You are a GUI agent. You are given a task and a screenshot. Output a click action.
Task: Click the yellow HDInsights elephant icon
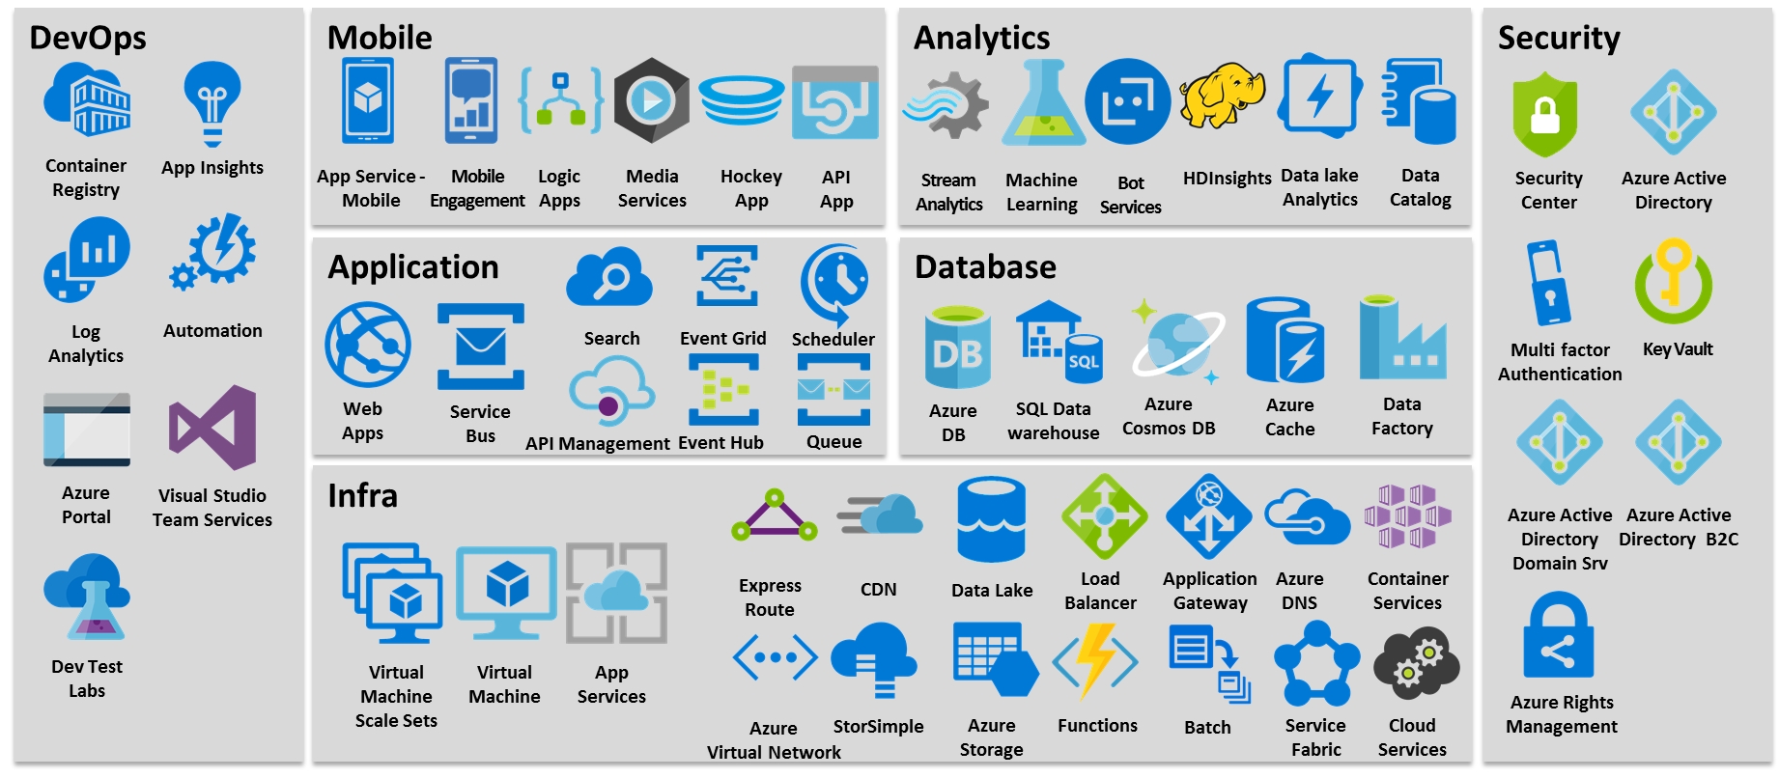[1223, 97]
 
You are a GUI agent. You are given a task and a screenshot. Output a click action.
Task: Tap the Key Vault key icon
[1674, 281]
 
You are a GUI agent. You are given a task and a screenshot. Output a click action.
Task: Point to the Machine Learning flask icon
[1043, 104]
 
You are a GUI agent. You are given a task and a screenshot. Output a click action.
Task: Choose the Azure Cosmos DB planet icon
[1177, 343]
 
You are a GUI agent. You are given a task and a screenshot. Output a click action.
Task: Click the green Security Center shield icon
[1545, 115]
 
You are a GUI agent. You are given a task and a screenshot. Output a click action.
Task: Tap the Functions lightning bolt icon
[1096, 660]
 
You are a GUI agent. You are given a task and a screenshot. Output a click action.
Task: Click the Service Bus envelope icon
[480, 347]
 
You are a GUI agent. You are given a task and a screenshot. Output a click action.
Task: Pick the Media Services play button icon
[652, 100]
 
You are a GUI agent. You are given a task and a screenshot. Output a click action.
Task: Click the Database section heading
[985, 267]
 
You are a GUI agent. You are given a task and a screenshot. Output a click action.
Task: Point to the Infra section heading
[362, 496]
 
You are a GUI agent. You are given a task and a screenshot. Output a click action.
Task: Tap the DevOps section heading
[88, 38]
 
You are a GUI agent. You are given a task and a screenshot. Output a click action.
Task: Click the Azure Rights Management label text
[1562, 714]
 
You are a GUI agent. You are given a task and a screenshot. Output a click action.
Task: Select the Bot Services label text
[1130, 195]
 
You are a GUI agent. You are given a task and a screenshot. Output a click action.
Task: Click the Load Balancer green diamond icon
[1103, 516]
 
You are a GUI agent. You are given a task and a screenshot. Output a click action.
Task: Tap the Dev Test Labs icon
[87, 597]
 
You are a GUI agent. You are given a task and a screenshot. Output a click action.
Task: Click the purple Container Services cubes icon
[1407, 516]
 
